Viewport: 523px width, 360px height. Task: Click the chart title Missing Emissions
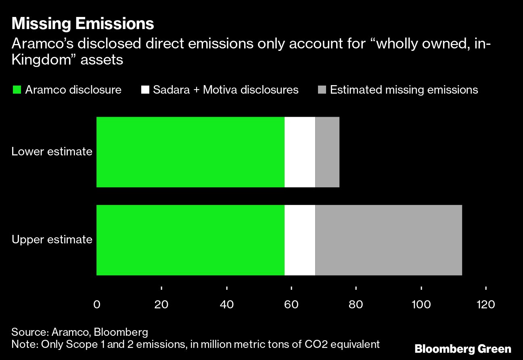tap(83, 24)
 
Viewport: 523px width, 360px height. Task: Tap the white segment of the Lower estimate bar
tap(300, 152)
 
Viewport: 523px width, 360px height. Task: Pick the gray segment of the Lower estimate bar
tap(327, 152)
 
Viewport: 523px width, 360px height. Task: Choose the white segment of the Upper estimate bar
tap(300, 240)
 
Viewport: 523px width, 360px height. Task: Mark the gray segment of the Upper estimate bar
tap(388, 240)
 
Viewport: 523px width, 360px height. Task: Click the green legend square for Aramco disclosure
tap(17, 90)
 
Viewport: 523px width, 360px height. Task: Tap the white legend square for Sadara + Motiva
tap(144, 90)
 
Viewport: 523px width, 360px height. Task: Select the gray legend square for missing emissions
tap(322, 90)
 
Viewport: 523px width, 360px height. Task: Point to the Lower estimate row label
tap(52, 152)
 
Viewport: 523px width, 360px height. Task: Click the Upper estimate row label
tap(52, 240)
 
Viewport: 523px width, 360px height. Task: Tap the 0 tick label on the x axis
tap(96, 305)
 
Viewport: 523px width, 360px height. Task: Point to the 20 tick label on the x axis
tap(161, 305)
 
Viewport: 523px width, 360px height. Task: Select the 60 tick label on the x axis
tap(291, 305)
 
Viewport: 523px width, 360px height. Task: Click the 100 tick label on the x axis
tap(421, 305)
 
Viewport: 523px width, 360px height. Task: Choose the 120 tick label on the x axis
tap(486, 305)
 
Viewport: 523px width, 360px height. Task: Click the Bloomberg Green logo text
tap(463, 349)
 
